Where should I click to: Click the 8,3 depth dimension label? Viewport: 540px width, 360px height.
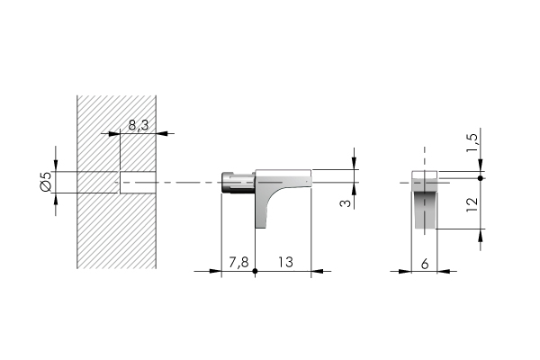click(139, 125)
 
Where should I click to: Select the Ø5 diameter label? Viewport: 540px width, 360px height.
click(46, 181)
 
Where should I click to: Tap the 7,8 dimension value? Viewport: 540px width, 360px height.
click(238, 263)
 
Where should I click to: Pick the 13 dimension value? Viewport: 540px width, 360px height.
click(286, 262)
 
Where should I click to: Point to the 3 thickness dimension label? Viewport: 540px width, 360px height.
click(346, 203)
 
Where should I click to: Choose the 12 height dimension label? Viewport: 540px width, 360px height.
click(472, 204)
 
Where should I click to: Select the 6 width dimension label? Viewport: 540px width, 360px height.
click(425, 265)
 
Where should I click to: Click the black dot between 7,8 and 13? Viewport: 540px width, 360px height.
click(255, 271)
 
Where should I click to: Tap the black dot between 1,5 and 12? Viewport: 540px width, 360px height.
click(481, 178)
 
